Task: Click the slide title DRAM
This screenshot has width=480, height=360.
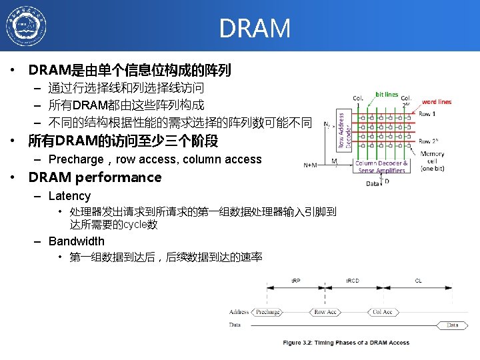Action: point(255,28)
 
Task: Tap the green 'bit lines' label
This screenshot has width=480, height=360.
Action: point(387,95)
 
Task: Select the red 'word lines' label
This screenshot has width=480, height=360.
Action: point(437,102)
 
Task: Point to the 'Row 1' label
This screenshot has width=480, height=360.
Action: point(427,114)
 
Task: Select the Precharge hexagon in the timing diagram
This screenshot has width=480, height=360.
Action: point(267,312)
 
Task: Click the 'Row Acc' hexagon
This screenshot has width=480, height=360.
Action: point(325,312)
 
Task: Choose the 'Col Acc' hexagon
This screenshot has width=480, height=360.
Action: point(383,312)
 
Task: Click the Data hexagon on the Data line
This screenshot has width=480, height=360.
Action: point(453,325)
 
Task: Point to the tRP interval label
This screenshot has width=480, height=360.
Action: point(295,281)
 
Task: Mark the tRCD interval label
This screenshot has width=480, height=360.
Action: point(352,281)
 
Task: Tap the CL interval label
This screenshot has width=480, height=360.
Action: point(418,281)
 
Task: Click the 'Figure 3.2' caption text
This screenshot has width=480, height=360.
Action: point(346,343)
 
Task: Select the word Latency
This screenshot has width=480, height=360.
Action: point(69,196)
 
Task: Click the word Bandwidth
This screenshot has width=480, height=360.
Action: point(77,241)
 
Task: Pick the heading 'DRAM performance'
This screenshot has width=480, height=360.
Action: point(95,177)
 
